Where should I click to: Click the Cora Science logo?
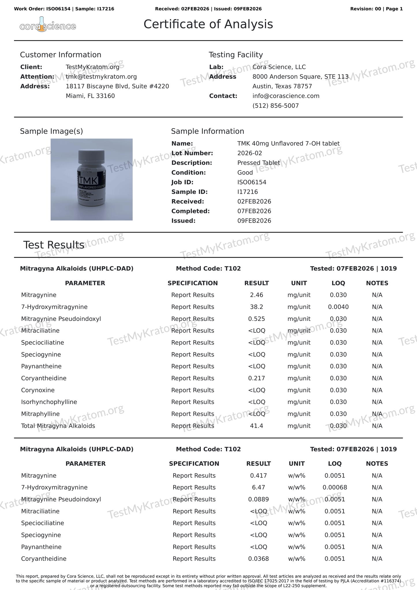click(x=48, y=25)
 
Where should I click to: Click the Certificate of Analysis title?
click(x=208, y=24)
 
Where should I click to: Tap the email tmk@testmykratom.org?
click(x=101, y=77)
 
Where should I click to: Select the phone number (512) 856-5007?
click(x=276, y=106)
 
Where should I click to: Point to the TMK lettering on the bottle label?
click(x=89, y=181)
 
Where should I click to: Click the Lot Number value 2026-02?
click(x=250, y=153)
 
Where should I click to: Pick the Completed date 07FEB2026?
click(x=254, y=211)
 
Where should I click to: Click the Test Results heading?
click(x=54, y=245)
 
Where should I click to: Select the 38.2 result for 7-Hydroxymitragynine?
click(x=257, y=307)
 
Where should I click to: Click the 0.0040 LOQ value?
click(x=338, y=307)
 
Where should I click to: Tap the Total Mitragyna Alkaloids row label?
click(x=58, y=426)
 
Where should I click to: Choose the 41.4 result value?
click(x=257, y=426)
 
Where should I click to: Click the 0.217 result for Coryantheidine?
click(x=257, y=378)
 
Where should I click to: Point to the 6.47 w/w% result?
click(x=258, y=488)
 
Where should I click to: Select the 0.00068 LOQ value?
click(x=335, y=488)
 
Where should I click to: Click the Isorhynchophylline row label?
click(x=49, y=402)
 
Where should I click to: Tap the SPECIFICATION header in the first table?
click(x=192, y=283)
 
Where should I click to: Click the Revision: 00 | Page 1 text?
click(x=376, y=9)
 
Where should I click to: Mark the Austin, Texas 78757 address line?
click(x=282, y=86)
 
